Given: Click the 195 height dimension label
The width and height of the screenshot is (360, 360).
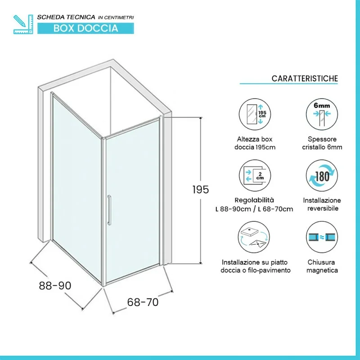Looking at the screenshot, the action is tap(201, 189).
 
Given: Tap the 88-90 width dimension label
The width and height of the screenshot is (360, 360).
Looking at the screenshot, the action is tap(55, 286).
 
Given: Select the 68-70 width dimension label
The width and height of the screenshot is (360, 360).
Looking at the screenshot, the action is tap(143, 302).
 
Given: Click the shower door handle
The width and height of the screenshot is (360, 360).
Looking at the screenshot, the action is tap(109, 210).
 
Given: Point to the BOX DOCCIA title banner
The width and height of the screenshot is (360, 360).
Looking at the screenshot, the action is tap(85, 28).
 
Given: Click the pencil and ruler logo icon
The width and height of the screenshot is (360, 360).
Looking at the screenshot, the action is tap(23, 24).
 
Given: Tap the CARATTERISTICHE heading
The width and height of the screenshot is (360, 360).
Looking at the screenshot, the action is tap(305, 78).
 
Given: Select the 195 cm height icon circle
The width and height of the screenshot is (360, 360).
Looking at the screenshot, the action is tap(255, 114).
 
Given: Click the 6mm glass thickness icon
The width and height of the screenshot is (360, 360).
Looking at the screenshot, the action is tap(322, 114).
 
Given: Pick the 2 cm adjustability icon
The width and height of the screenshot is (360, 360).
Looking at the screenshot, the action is tap(255, 175).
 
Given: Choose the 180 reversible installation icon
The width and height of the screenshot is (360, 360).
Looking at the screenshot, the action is tap(322, 175).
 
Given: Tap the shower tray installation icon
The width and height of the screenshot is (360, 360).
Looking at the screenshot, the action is tap(254, 237).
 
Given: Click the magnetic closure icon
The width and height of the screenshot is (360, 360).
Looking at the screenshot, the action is tap(322, 237).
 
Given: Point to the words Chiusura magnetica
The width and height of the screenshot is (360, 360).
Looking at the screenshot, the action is tap(322, 266).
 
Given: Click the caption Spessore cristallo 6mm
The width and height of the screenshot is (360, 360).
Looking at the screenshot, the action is tap(322, 143).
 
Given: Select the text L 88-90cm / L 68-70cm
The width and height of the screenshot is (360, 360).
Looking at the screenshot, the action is tap(254, 209).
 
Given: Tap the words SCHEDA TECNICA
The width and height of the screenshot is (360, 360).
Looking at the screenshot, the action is tap(66, 17).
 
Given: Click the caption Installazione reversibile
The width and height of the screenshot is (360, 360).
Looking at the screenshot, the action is tap(322, 204).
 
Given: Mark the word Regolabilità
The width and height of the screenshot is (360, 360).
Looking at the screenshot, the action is tap(254, 200).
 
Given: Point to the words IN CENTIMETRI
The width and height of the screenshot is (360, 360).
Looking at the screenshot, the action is tap(116, 18).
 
